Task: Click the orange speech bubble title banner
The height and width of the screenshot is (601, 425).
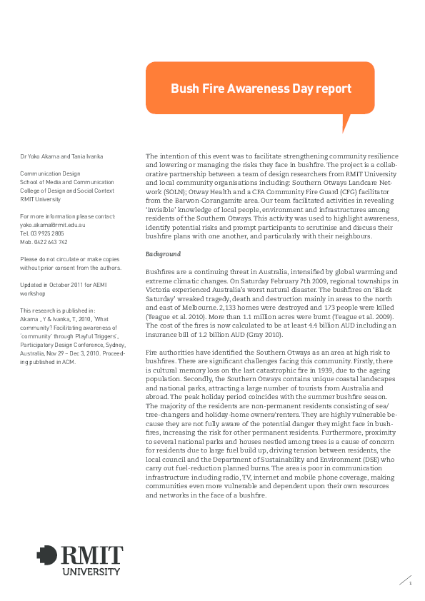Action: pyautogui.click(x=260, y=89)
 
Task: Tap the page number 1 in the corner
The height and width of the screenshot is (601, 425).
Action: pyautogui.click(x=411, y=582)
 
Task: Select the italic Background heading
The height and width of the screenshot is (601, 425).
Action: pyautogui.click(x=164, y=254)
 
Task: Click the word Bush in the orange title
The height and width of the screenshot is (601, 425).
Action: pyautogui.click(x=184, y=89)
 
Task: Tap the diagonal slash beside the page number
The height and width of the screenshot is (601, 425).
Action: pyautogui.click(x=404, y=580)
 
